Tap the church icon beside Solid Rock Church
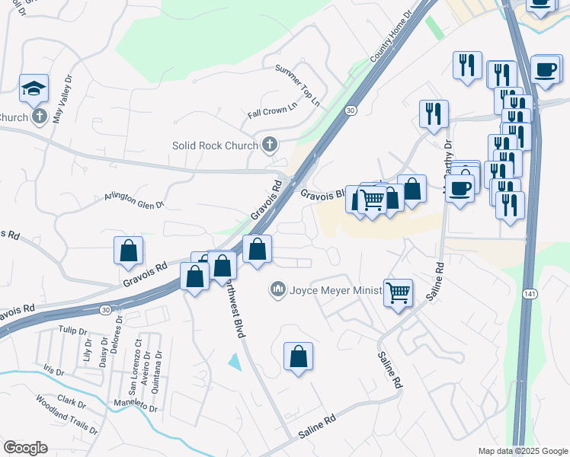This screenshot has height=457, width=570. (x=269, y=144)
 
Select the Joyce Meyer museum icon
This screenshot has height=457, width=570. (x=277, y=289)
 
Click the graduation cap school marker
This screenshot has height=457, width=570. (x=34, y=88)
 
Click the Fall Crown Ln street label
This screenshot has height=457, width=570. (x=271, y=111)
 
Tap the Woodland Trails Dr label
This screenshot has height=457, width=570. (x=67, y=415)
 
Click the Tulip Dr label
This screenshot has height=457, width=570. (x=73, y=331)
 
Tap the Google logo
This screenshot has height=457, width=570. (x=25, y=447)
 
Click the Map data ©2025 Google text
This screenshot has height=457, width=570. (x=521, y=451)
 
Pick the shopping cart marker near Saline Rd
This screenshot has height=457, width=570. (x=399, y=292)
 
